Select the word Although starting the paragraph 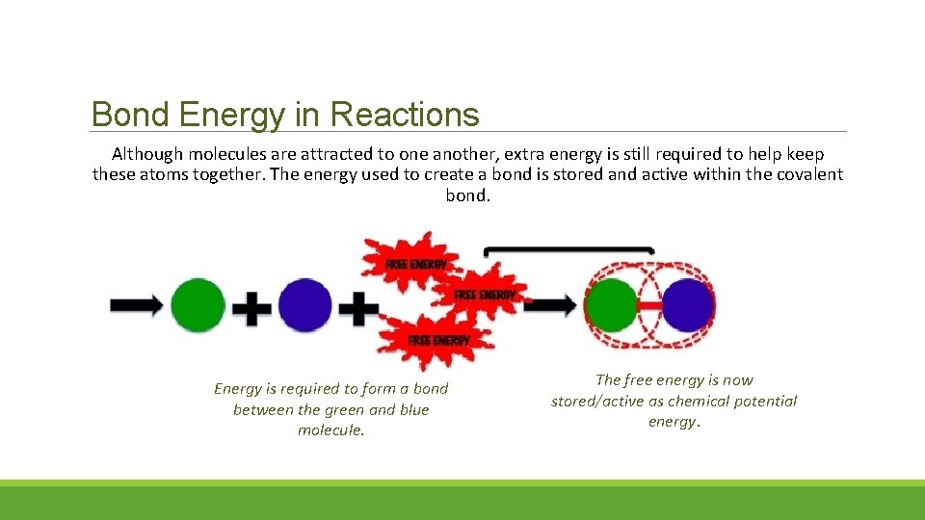coord(147,154)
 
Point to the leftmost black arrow coord(136,305)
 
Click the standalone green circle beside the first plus coord(198,305)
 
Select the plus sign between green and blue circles coord(251,308)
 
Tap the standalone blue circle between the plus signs coord(305,305)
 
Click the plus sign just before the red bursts coord(358,308)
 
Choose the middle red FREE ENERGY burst coord(482,293)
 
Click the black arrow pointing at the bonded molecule coord(554,305)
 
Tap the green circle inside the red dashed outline coord(612,305)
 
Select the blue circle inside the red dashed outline coord(688,305)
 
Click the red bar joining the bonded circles coord(650,306)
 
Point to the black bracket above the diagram coord(568,250)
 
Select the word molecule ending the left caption coord(330,430)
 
